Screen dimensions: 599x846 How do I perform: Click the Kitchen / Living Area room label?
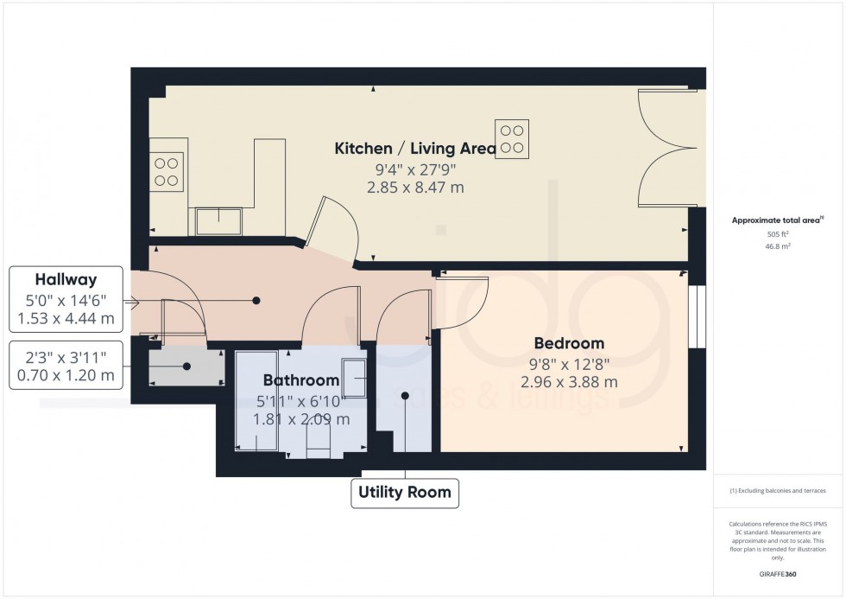[415, 149]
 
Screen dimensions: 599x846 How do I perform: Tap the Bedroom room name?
[568, 343]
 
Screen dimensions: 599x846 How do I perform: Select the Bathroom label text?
[301, 380]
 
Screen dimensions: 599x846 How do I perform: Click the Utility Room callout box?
[404, 493]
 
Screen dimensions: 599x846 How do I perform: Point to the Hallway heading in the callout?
[66, 279]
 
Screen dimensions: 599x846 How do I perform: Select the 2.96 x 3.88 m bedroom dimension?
[568, 381]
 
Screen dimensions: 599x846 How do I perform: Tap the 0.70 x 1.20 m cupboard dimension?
[66, 376]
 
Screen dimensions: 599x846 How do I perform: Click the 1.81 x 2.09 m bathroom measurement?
[301, 419]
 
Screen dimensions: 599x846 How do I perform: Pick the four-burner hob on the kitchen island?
[512, 139]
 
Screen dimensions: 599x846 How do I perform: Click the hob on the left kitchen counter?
[167, 171]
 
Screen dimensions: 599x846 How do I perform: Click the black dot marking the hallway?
[256, 301]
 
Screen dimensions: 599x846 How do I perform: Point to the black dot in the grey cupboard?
[186, 366]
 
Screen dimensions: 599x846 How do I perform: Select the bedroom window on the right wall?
[697, 317]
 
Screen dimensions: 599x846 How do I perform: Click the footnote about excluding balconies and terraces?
[777, 490]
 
